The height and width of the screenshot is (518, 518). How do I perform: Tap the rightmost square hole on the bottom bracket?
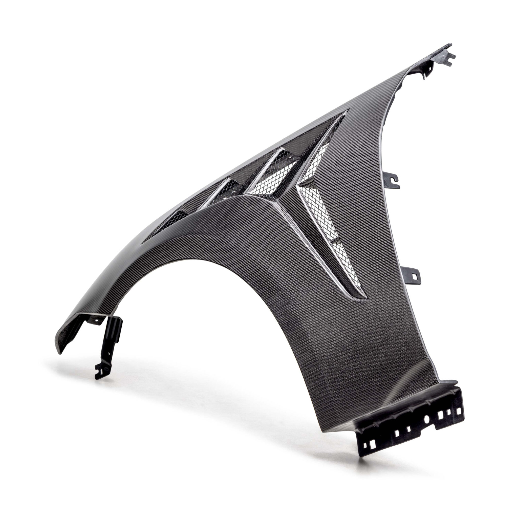coord(459,411)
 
